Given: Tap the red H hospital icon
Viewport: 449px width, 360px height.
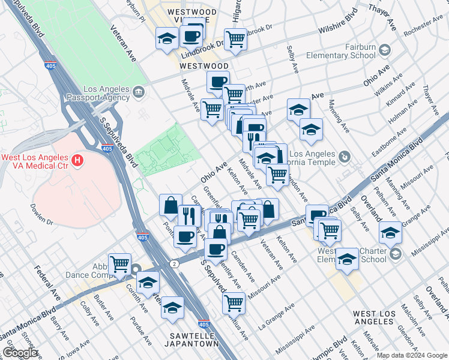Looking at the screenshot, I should (77, 160).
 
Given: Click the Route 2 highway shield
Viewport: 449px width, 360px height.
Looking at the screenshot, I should (173, 263).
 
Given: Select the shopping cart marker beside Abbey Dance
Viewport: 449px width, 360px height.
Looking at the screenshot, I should (120, 263).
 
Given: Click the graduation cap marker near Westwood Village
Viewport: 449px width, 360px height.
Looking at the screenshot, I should (167, 39).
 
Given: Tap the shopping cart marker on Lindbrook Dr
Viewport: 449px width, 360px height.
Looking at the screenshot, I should (236, 39).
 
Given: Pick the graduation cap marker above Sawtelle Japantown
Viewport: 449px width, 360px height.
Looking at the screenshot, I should (172, 307).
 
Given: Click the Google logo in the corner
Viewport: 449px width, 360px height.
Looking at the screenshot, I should (20, 353).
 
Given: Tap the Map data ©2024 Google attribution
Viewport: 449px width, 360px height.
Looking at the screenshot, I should (412, 355).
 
